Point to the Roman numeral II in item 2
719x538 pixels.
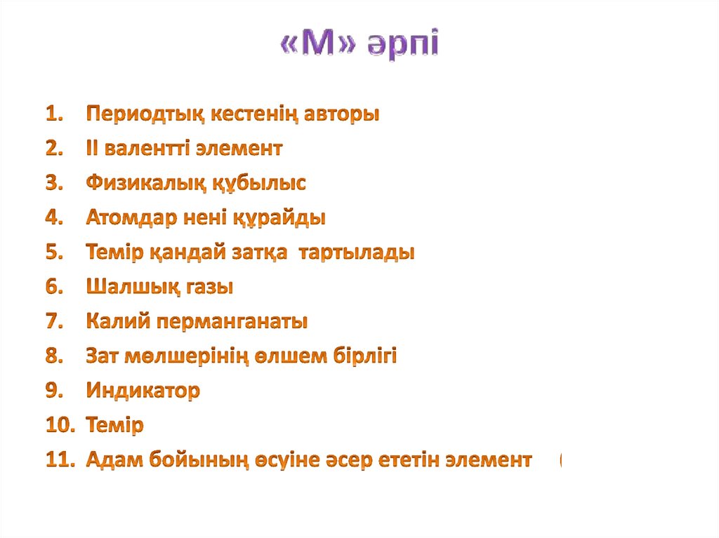[x=93, y=148]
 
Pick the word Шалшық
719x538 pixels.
[x=122, y=287]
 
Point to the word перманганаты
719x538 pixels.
[x=232, y=322]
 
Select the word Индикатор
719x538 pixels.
[x=143, y=391]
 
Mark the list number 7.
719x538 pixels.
[x=55, y=322]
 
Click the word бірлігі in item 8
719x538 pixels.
[x=364, y=356]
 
